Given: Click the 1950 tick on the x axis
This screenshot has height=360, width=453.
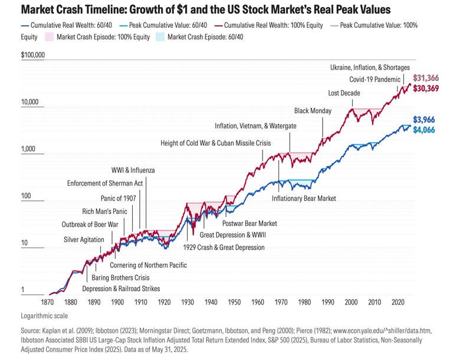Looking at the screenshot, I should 234,302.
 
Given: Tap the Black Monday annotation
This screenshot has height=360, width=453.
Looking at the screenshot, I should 313,111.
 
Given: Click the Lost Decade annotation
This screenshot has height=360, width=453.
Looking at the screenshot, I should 344,93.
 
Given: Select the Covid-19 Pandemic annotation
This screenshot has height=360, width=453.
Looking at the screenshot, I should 374,80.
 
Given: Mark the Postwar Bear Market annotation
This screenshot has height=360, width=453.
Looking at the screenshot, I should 250,224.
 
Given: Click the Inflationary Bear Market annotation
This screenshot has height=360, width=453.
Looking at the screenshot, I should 304,199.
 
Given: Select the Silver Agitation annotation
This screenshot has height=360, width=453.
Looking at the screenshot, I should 84,239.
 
